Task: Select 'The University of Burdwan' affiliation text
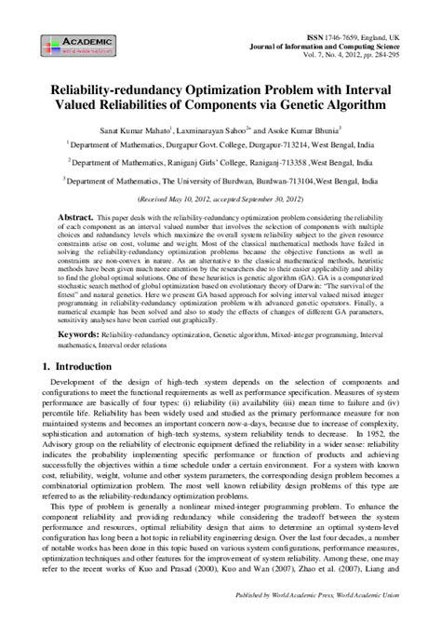click(x=215, y=181)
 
